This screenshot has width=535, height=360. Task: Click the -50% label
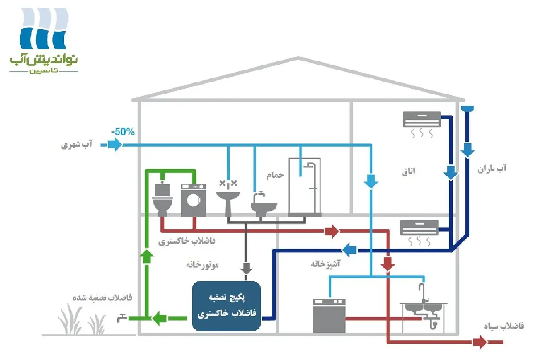tap(123, 132)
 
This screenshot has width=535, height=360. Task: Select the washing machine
tap(193, 200)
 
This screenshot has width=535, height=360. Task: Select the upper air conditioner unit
tap(421, 119)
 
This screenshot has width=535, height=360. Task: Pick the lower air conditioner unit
tap(419, 227)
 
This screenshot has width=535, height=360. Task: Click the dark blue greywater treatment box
tap(226, 305)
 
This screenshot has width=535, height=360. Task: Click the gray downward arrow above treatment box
tap(246, 268)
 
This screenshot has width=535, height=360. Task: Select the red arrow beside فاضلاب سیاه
tap(480, 342)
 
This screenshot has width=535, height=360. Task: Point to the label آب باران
tap(493, 169)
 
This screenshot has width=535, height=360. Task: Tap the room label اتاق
tap(408, 171)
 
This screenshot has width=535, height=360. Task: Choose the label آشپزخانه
tap(325, 264)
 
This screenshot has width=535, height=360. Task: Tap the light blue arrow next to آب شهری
tap(115, 145)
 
